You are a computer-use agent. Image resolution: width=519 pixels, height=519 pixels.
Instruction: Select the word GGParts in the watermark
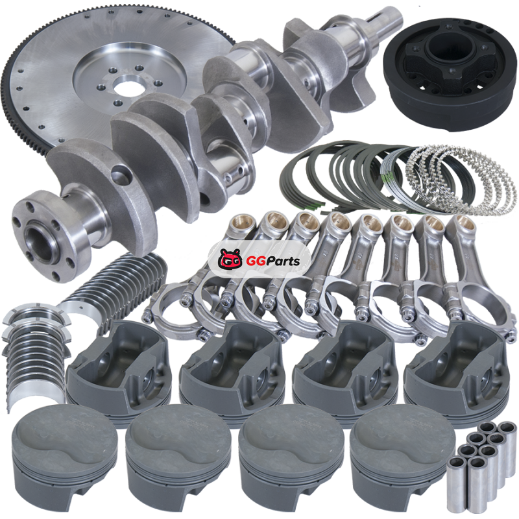[x=273, y=261]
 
